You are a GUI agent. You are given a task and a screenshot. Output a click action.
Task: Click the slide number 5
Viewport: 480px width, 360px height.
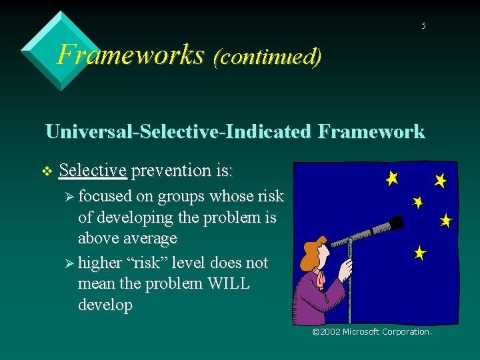pos(423,26)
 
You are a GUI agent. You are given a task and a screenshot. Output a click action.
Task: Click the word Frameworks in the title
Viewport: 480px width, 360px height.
pos(131,54)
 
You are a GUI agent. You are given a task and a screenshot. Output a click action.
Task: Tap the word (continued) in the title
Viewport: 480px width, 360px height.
pos(267,56)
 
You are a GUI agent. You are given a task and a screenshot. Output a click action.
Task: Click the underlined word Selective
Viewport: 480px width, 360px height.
pos(93,171)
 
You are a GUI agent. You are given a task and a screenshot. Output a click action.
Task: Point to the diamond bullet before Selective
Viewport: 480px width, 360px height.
pos(46,171)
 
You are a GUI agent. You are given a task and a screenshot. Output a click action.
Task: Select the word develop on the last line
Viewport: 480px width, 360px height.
pos(105,305)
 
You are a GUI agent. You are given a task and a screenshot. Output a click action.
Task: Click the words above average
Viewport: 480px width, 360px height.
pos(127,239)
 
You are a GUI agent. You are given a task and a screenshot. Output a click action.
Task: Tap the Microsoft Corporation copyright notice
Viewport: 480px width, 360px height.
pos(372,331)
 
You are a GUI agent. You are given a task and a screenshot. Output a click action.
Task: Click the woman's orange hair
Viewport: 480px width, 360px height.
pos(309,254)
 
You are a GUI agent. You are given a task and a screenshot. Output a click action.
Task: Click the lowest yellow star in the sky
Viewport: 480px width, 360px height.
pos(419,253)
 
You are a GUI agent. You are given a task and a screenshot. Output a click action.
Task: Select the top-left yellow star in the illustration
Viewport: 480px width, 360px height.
pos(392,178)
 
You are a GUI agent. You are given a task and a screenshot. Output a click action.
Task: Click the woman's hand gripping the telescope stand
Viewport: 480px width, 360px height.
pos(345,270)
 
